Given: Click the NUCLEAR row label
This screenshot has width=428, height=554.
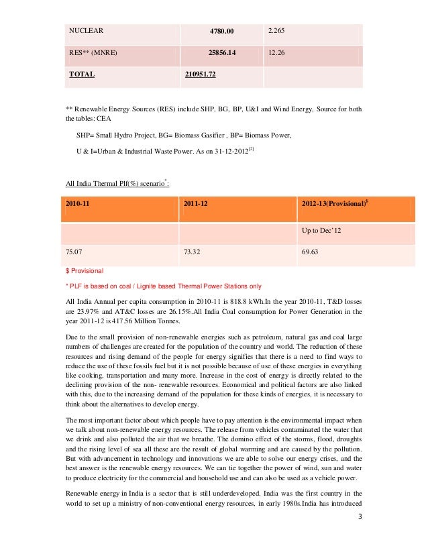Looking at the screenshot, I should coord(87,30).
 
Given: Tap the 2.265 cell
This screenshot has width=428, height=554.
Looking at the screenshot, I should coord(277,30).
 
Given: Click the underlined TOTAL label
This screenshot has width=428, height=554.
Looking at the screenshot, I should coord(82,74).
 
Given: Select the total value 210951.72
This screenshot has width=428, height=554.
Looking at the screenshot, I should coord(200,74).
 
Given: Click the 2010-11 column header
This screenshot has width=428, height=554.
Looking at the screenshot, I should coord(78,203).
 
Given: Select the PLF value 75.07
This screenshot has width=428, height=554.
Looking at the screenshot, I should coord(73,252).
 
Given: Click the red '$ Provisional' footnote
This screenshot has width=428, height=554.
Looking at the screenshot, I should coord(85,271).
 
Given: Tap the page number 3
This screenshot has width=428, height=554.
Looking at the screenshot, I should coord(360,535).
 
